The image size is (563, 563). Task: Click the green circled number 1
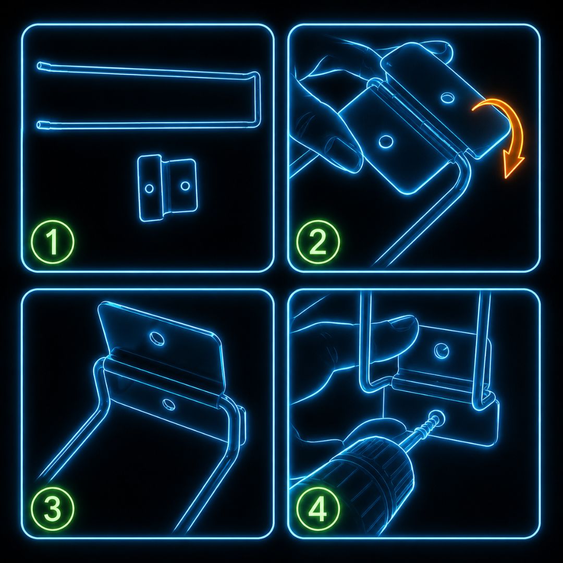tap(53, 242)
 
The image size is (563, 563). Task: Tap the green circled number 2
tap(318, 242)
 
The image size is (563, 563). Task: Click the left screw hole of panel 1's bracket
tap(149, 188)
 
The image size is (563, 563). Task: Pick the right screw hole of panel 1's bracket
tap(185, 186)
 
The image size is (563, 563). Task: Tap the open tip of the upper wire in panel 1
tap(40, 66)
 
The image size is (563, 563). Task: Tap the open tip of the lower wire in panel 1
tap(40, 125)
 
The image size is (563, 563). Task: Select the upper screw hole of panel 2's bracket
tap(447, 97)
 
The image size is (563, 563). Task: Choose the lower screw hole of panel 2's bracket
tap(386, 141)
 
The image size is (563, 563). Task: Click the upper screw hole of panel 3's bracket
tap(156, 338)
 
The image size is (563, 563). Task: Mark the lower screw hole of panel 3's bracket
tap(168, 405)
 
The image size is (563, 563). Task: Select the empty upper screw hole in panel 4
tap(441, 350)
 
